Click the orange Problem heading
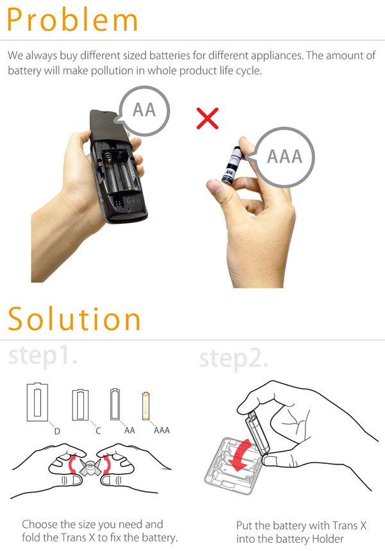click(x=72, y=20)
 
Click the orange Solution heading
click(x=74, y=318)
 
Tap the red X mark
click(x=207, y=119)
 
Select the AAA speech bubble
click(x=284, y=157)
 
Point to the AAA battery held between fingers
click(x=232, y=165)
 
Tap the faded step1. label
click(x=42, y=356)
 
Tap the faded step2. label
click(x=234, y=359)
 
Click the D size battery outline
click(x=37, y=402)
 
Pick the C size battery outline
click(x=80, y=404)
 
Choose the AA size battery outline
click(x=115, y=404)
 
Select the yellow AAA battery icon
click(x=146, y=406)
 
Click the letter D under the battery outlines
click(x=57, y=431)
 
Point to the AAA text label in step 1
click(x=162, y=430)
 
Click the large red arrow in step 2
click(x=240, y=455)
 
